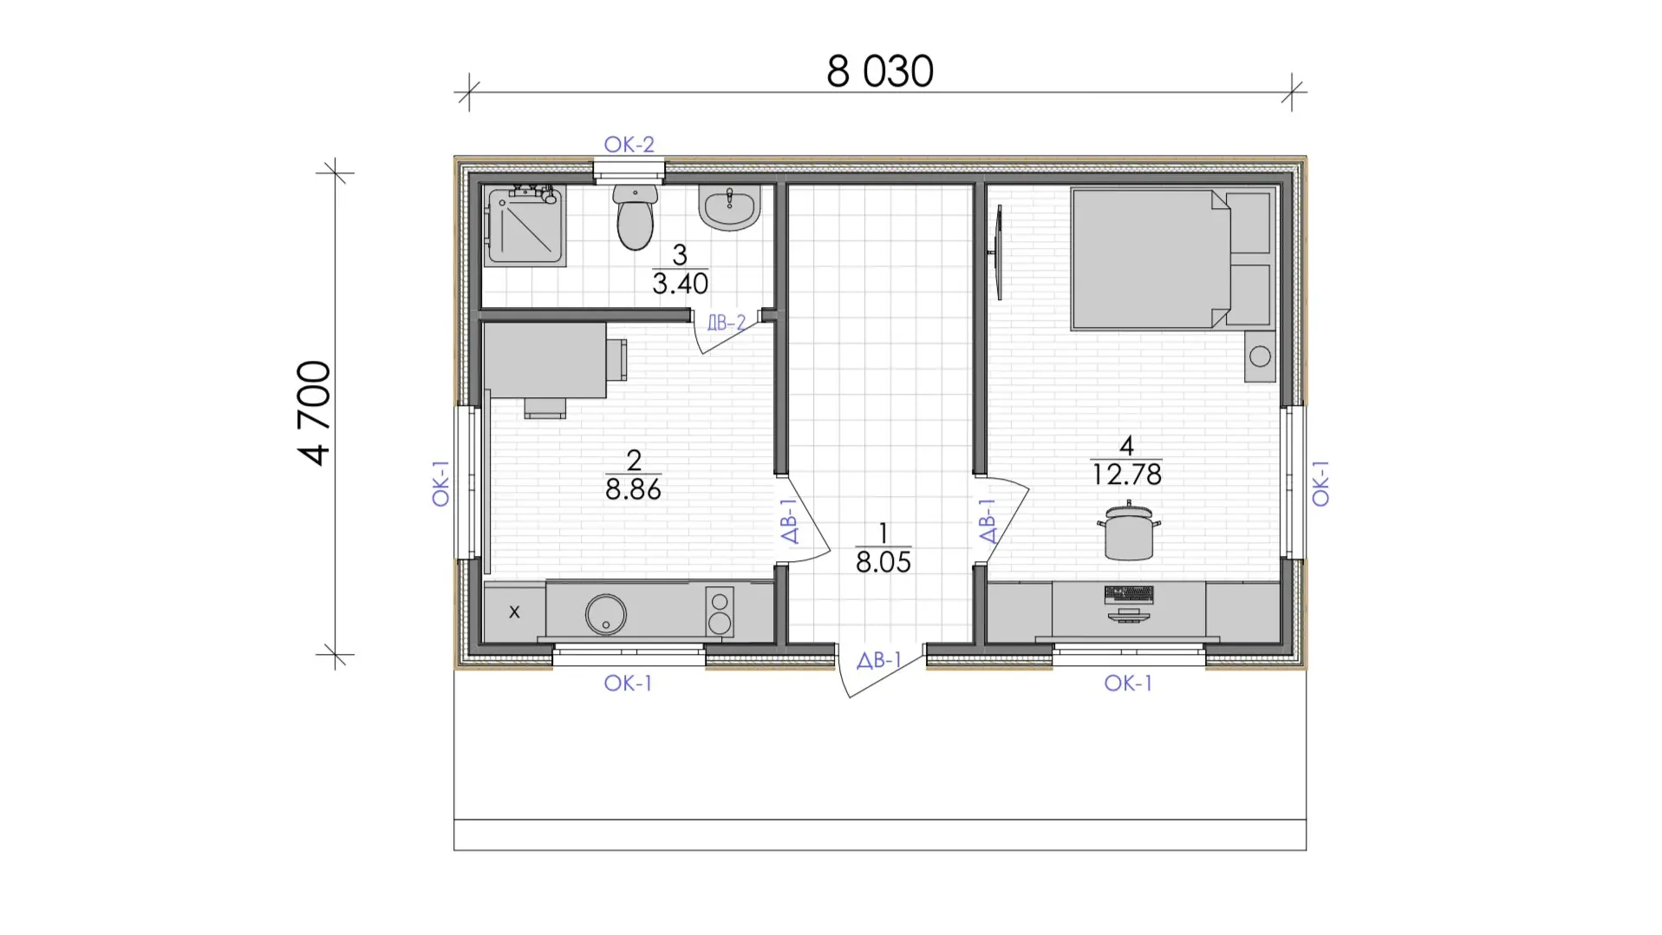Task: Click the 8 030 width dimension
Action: [880, 71]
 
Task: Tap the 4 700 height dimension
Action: [314, 413]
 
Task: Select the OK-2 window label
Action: [629, 144]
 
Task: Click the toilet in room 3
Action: [635, 217]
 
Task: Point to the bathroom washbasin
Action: [730, 207]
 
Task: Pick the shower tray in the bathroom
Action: [526, 226]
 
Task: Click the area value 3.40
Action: [681, 284]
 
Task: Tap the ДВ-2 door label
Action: [727, 323]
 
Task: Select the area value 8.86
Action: [633, 490]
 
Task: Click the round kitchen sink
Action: [605, 614]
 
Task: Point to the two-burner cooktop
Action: [719, 612]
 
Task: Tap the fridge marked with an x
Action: [514, 612]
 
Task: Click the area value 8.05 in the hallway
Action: [883, 562]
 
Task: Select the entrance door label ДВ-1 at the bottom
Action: [879, 660]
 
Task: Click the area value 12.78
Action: [1127, 474]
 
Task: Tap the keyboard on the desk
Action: [1129, 594]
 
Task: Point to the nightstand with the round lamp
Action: [1260, 356]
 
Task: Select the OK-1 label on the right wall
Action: [1320, 484]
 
